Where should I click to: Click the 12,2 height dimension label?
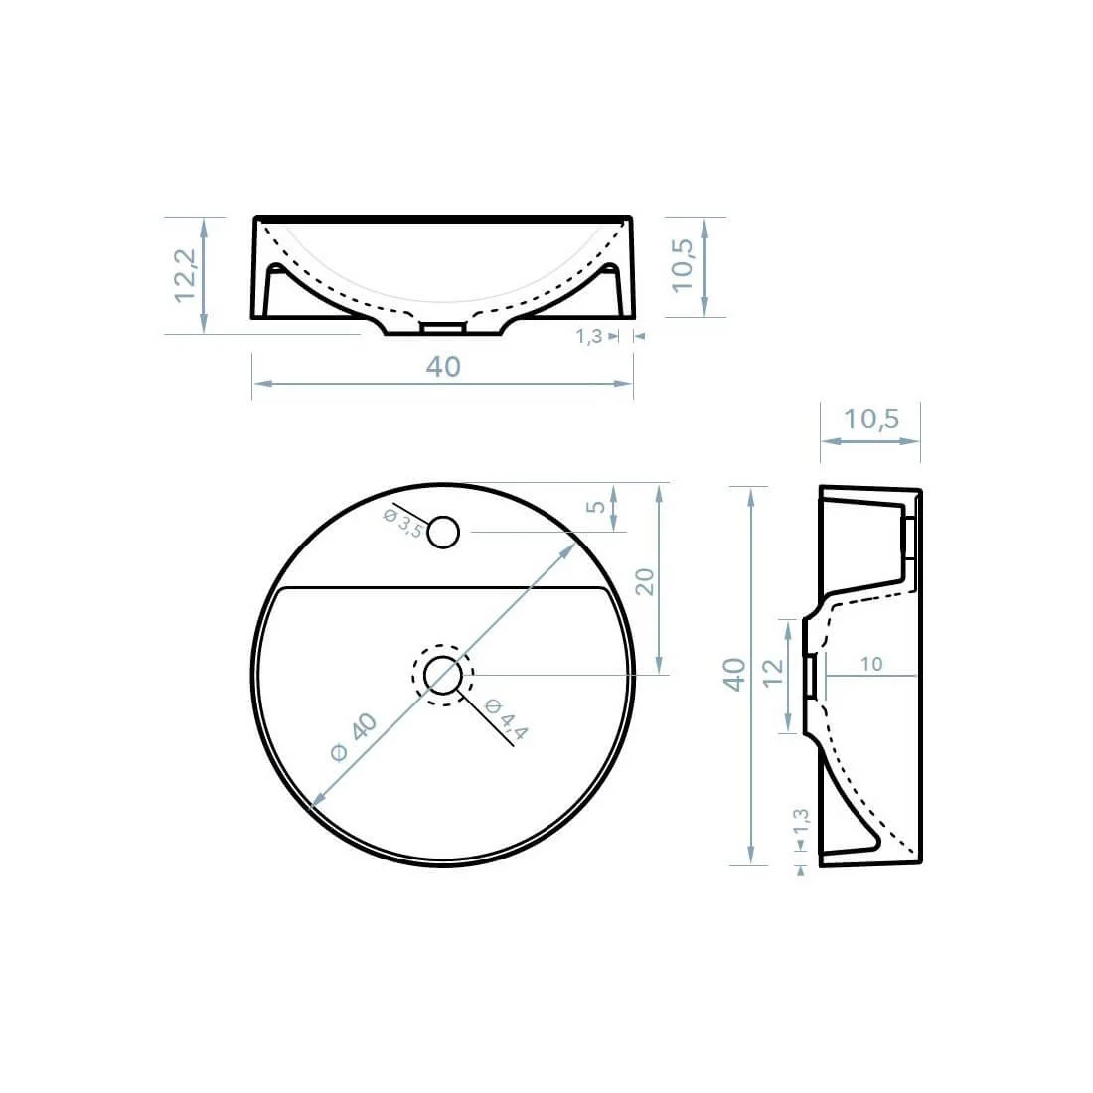[185, 275]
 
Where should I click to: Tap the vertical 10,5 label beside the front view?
[683, 266]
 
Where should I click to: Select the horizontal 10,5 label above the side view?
[870, 419]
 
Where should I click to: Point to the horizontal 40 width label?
[443, 366]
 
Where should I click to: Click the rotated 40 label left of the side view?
[734, 674]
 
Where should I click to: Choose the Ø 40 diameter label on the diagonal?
[354, 737]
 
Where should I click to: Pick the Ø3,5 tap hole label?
[402, 522]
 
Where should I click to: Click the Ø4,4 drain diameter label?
[506, 718]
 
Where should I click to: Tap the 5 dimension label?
[596, 506]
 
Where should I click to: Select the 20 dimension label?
[646, 582]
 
